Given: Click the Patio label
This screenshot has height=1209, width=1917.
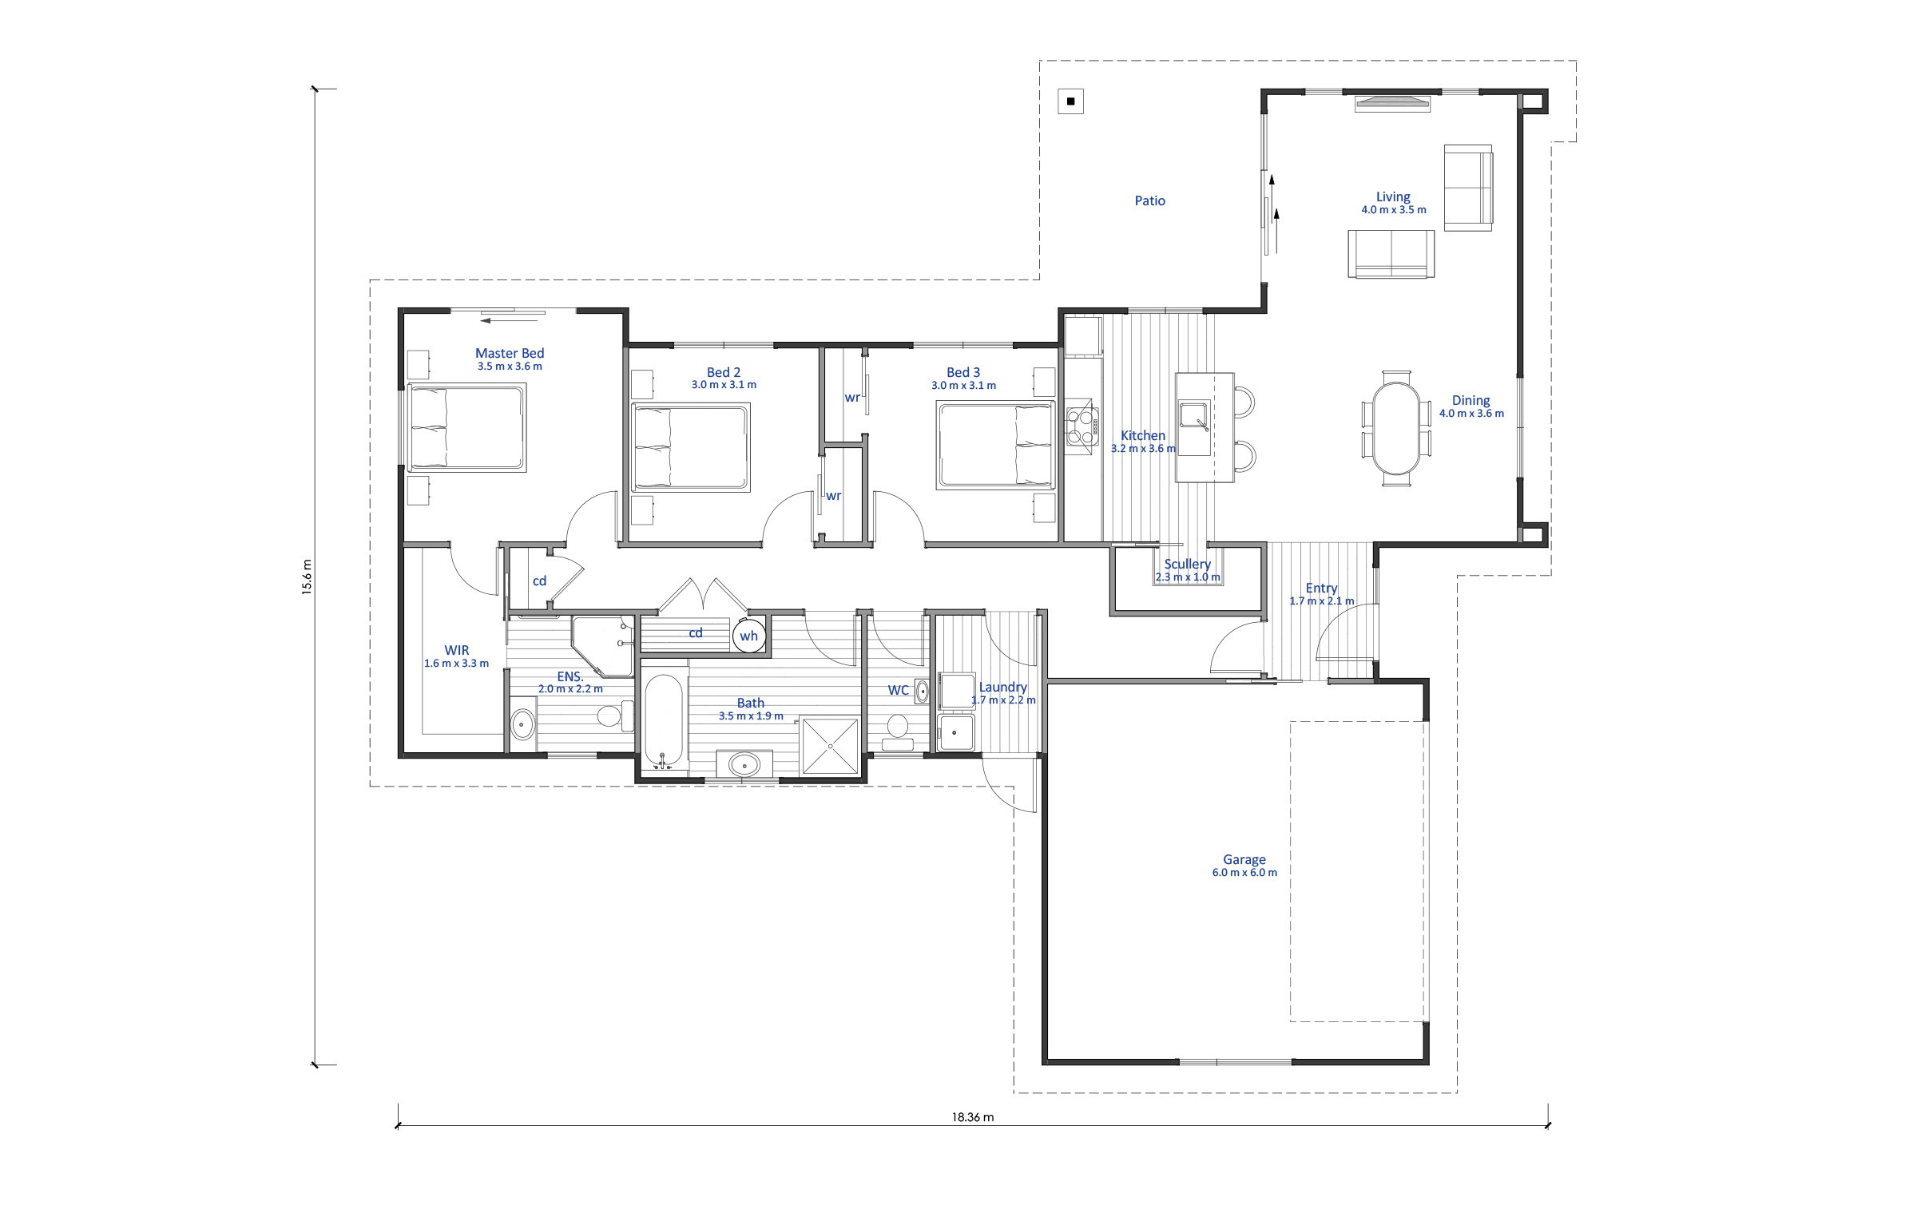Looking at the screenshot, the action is click(x=1149, y=200).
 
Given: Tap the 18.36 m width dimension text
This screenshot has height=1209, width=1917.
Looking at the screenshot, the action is click(x=972, y=1117).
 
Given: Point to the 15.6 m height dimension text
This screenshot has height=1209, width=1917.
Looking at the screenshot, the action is click(x=307, y=577).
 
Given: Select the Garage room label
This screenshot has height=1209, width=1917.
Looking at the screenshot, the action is click(x=1244, y=859).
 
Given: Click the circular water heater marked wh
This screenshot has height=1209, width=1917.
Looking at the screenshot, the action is click(x=749, y=636).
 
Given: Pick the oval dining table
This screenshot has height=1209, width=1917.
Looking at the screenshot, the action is click(x=1396, y=428).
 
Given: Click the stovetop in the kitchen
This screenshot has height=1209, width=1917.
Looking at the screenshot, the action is click(x=1082, y=426).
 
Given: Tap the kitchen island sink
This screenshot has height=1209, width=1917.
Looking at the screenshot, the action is click(x=1194, y=417).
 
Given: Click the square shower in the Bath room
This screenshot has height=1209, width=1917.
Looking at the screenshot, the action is click(x=830, y=746).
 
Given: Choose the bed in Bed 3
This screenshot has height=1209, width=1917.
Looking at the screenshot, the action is click(x=996, y=446).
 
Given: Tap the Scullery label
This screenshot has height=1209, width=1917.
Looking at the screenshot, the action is click(x=1187, y=564).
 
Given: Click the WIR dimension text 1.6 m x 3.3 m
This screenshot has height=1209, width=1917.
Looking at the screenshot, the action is click(x=456, y=664).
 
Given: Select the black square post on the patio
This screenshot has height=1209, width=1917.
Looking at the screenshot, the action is click(x=1070, y=101).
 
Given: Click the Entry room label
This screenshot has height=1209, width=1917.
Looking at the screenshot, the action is click(x=1321, y=588).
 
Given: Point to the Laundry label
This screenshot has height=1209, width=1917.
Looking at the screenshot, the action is click(x=1003, y=687).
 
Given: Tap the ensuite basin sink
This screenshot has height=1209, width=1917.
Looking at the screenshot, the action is click(x=522, y=723).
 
